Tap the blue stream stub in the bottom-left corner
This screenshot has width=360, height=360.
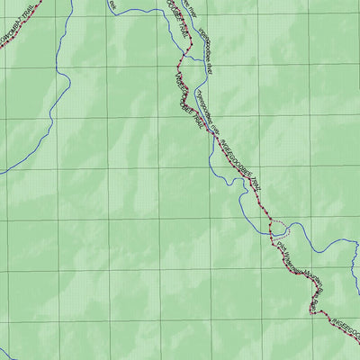tap(7, 353)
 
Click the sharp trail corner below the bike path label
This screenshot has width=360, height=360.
tap(312, 310)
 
